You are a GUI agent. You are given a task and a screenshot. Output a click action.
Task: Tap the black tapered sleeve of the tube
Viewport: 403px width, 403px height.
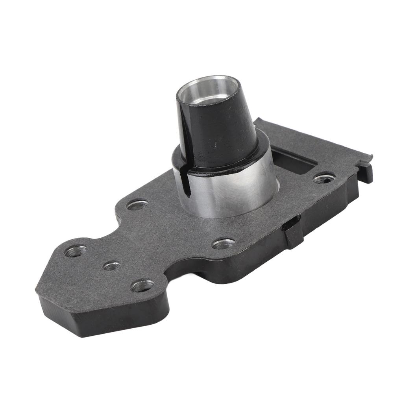point(220,130)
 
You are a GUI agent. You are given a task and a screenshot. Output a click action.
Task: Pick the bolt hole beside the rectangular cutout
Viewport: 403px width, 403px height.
point(324,179)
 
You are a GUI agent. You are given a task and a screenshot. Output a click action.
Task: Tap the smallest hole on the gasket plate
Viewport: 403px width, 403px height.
point(111,266)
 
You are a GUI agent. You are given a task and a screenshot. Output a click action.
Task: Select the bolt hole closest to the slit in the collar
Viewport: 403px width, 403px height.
point(137,205)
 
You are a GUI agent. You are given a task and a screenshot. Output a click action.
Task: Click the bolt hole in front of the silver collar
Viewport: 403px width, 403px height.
point(224,244)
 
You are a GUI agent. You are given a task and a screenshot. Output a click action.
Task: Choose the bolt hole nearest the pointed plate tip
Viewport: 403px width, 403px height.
point(76,251)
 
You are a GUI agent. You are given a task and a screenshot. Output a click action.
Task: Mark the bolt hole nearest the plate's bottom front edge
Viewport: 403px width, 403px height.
point(142,286)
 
